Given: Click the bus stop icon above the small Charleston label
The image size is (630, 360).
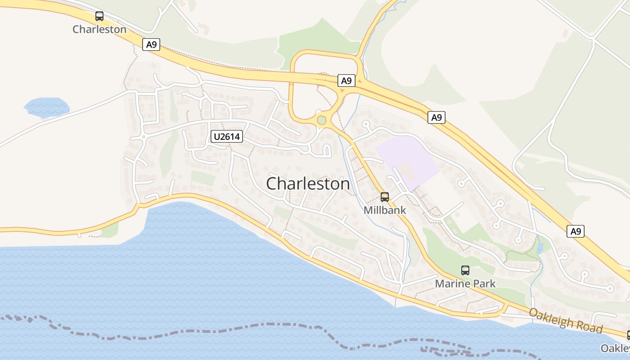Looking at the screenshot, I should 99,17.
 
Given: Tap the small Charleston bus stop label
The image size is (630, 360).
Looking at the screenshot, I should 99,29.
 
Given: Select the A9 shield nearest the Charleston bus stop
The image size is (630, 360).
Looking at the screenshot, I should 151,45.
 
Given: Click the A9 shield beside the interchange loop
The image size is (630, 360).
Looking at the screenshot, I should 346,81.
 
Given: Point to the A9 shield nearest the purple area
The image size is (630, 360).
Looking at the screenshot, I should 436,118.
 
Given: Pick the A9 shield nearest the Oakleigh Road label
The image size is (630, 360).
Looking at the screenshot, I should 576,231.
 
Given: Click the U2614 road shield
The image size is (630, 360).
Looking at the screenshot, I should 226,136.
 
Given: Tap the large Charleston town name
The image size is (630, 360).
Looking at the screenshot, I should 308,184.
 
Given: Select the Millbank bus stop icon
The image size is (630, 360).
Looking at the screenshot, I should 385,197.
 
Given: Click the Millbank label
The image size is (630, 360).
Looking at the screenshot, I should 385,210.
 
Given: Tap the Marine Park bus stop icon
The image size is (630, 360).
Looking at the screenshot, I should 465,270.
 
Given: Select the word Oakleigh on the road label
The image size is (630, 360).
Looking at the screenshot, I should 551,318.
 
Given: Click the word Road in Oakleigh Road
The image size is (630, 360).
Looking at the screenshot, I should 589,327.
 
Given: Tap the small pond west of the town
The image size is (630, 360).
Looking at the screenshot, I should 46,107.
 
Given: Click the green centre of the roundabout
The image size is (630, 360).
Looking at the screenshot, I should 321,120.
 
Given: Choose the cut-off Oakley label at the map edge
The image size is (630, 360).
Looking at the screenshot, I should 616,348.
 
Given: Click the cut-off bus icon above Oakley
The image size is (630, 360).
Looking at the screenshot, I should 628,335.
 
